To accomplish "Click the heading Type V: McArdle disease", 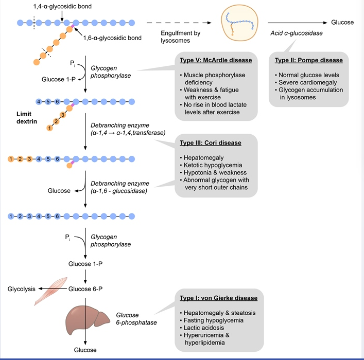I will point(216,60).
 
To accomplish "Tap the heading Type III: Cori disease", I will point(211,142).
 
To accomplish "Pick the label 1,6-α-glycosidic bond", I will point(112,38).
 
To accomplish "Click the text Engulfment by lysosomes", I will point(176,36).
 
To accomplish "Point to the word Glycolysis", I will point(21,289).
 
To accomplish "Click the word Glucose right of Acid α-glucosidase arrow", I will point(342,23).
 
